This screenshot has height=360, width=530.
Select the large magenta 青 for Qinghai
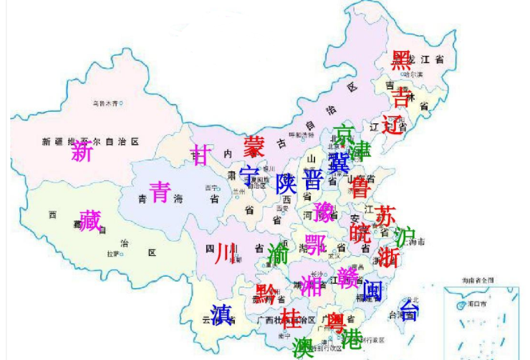(160, 192)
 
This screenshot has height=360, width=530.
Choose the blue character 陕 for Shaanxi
(286, 184)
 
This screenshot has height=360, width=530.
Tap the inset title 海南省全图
(476, 278)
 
